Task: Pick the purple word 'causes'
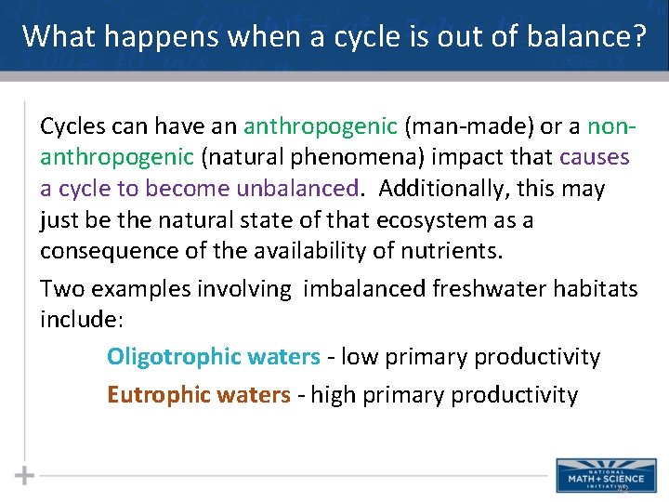[594, 157]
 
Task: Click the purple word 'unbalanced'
[297, 189]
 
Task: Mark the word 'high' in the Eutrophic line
[333, 395]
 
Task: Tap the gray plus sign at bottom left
[25, 475]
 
